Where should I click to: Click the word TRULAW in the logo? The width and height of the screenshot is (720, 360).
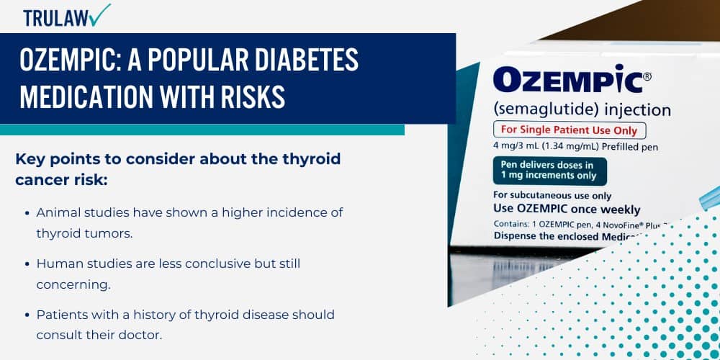[x=53, y=18]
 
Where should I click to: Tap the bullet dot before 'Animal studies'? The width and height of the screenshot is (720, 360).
[x=27, y=213]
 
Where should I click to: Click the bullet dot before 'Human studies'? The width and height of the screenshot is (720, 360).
[x=27, y=264]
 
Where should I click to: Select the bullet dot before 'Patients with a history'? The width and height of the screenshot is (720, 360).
[x=27, y=315]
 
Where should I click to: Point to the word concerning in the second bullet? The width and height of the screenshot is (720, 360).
[x=73, y=284]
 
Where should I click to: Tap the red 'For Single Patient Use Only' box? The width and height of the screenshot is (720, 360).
[x=570, y=130]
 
